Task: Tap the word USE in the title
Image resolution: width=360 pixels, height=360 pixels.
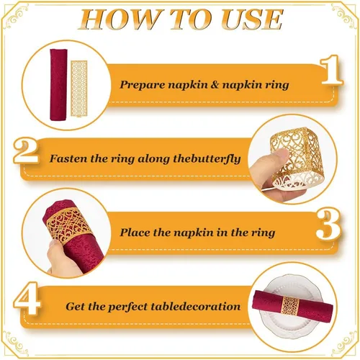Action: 251,19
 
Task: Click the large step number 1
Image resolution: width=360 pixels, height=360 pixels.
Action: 331,70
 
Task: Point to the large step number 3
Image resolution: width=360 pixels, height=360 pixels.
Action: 328,225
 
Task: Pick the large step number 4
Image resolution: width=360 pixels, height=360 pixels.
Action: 27,298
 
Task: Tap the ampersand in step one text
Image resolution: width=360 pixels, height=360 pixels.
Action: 215,84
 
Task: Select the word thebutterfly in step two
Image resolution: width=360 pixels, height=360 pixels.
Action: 207,159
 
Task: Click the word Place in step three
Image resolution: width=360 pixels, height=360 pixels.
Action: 135,233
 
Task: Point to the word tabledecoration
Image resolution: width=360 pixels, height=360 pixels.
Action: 196,307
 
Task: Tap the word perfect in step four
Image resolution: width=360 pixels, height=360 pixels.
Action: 127,307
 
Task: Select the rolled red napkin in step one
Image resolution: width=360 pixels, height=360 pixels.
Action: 58,85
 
